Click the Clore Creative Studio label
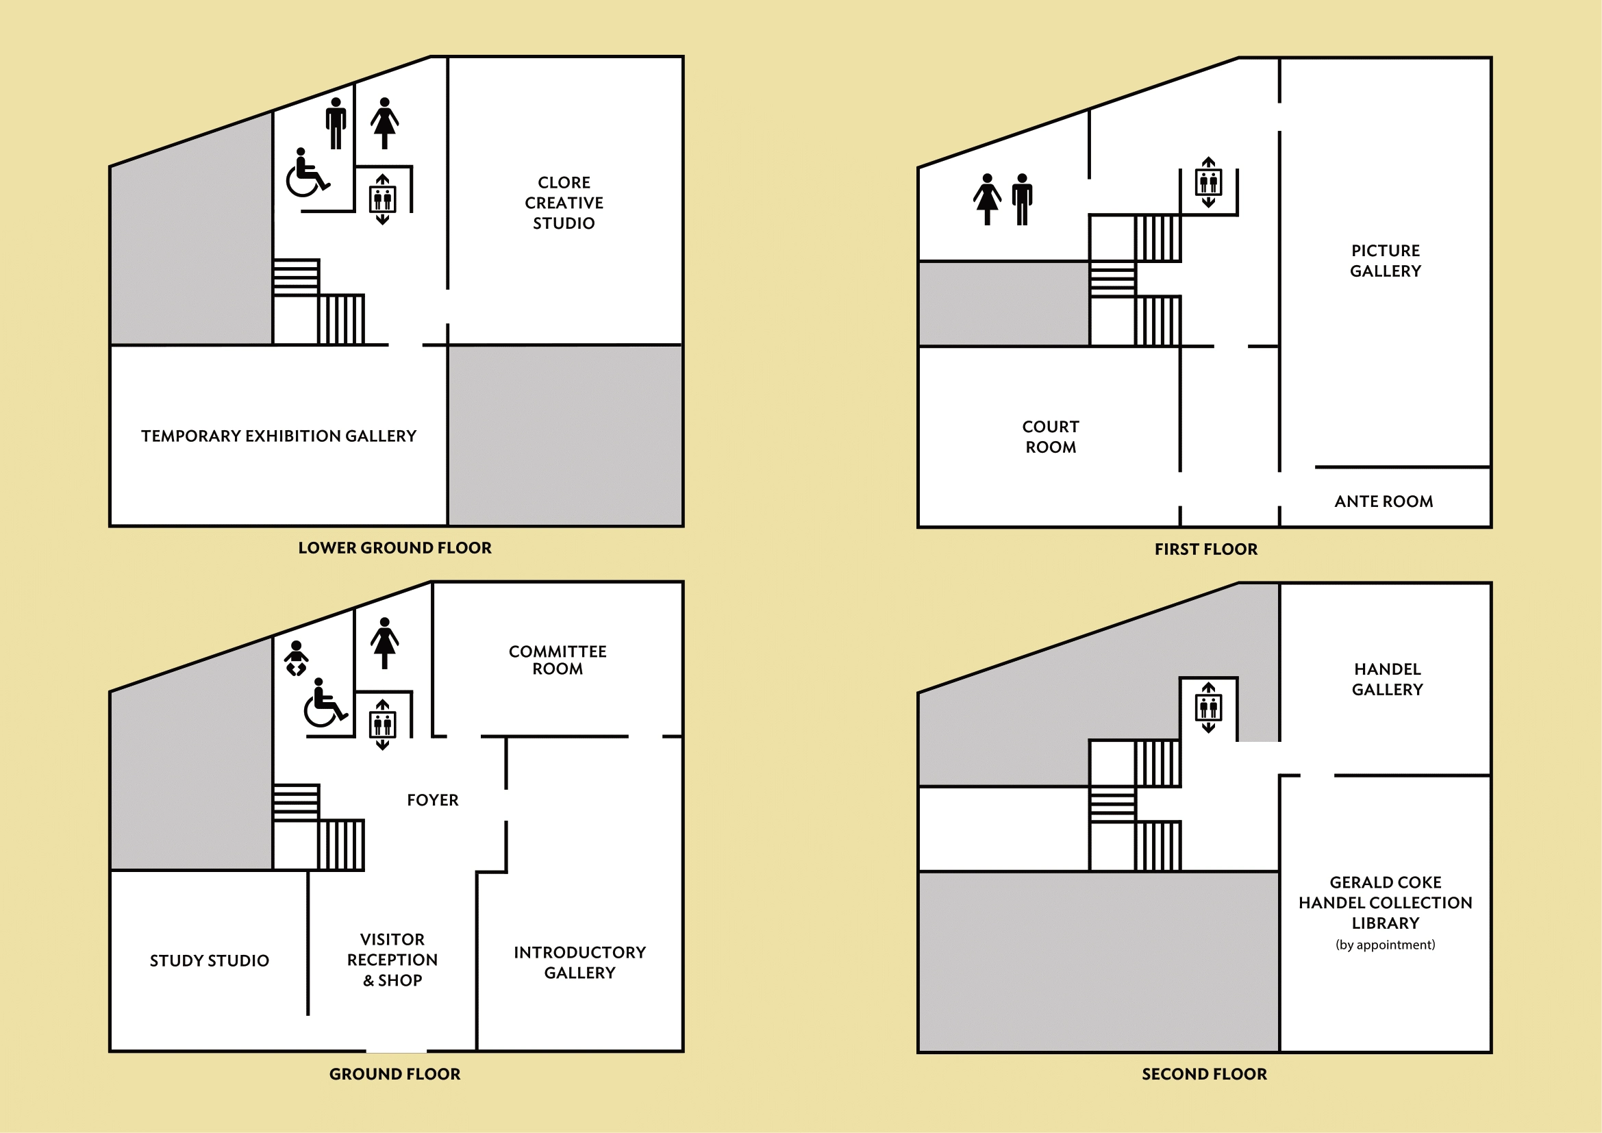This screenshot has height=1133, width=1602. pos(564,202)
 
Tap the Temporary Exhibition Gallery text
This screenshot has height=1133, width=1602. pos(278,436)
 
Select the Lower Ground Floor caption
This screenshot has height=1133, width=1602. pos(395,548)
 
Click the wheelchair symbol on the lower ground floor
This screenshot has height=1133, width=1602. pos(308,173)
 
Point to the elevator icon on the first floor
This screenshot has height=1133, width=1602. pos(1208,183)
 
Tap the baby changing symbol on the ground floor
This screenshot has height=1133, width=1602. pos(297,658)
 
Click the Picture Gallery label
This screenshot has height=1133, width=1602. pos(1385,261)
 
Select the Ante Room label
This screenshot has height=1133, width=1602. pos(1384,501)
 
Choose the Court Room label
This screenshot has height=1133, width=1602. pos(1051,437)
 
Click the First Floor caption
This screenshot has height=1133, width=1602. pos(1206,549)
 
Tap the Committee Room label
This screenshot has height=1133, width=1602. pos(558,660)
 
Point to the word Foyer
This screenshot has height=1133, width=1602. pos(433,800)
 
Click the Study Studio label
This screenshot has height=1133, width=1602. pos(210,960)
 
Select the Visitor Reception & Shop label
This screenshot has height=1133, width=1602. pos(392,960)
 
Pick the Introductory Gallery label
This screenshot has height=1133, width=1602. pos(580,962)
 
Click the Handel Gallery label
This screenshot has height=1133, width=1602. pos(1387,680)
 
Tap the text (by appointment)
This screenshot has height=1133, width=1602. pos(1385,945)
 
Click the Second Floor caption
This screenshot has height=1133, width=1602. pos(1204,1074)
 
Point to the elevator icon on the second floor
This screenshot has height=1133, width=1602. pos(1208,708)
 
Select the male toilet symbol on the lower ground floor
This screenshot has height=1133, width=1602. pos(336,123)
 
